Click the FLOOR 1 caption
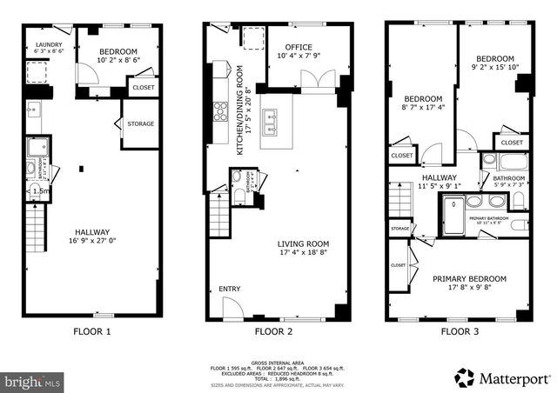[x=91, y=331]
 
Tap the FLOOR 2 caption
[x=276, y=331]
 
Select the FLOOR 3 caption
[x=460, y=331]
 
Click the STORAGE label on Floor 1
[x=140, y=124]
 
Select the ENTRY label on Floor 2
[x=230, y=289]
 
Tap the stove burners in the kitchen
[x=221, y=114]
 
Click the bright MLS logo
[x=33, y=381]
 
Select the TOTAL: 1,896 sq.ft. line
[x=278, y=379]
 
